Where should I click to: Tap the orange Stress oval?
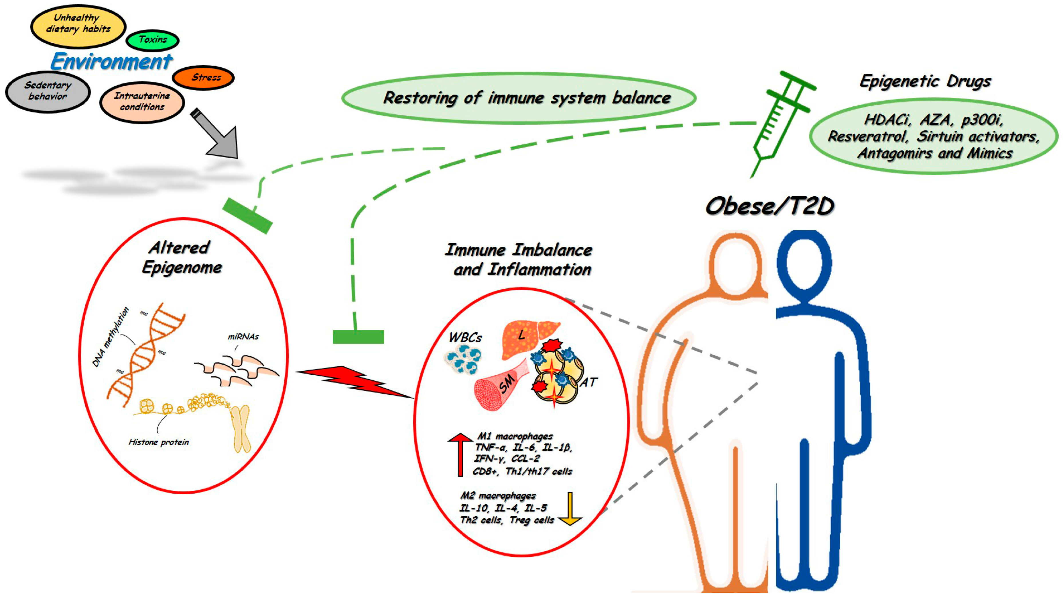click(x=203, y=77)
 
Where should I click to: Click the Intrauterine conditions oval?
click(x=142, y=101)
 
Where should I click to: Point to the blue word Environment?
click(x=111, y=62)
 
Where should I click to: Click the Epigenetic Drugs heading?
click(x=925, y=81)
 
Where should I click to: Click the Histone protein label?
click(x=159, y=442)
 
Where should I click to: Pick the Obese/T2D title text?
click(x=769, y=206)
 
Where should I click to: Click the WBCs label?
click(x=465, y=338)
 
